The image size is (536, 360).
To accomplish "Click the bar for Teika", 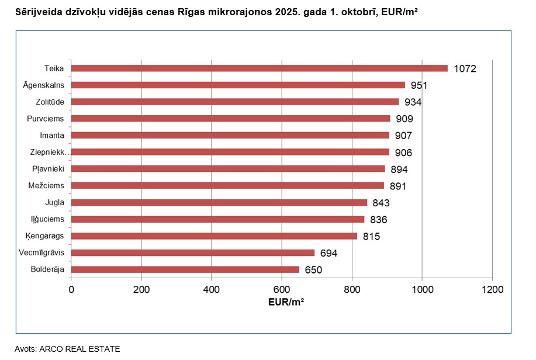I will tap(259, 68).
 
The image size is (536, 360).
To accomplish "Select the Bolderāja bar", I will tap(185, 270).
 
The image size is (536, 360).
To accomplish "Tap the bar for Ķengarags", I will tap(214, 236).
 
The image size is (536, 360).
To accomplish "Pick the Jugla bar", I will tap(219, 203).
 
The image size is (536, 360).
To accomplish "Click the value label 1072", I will tap(465, 69).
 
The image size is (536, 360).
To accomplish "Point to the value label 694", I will tap(328, 254).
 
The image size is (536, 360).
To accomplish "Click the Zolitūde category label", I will tap(51, 102).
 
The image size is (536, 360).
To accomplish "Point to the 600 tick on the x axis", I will tap(282, 289).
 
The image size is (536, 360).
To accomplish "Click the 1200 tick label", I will tap(492, 289).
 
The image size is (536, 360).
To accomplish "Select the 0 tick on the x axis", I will tap(71, 289).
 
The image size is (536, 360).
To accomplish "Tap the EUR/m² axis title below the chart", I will tap(286, 302).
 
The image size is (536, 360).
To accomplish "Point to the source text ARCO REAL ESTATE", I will tap(79, 349).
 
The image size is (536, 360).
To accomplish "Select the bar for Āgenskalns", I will tap(238, 85).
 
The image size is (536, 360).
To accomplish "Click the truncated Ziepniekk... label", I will tap(50, 153).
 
